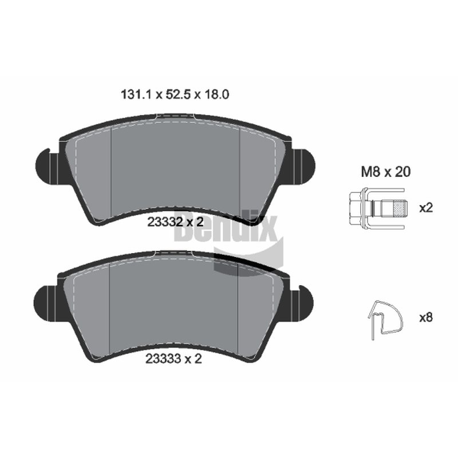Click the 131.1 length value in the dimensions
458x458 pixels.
(136, 94)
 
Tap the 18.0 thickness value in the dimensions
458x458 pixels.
(216, 94)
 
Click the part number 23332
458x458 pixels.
(165, 222)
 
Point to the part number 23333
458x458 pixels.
(164, 359)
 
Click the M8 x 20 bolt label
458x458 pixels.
(385, 172)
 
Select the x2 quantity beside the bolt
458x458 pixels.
(426, 208)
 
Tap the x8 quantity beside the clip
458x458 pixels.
(426, 317)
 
